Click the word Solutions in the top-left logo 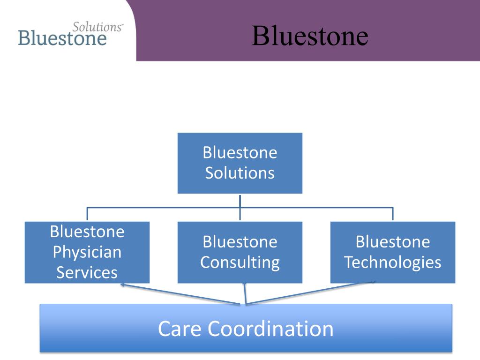pos(97,27)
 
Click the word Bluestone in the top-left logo pos(62,38)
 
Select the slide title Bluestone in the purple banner pos(309,36)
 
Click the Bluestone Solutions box pos(240,163)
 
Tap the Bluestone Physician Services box pos(87,252)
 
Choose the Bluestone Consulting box pos(240,252)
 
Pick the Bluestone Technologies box pos(393,252)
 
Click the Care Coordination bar pos(246,328)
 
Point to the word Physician pos(87,253)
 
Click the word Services pos(87,272)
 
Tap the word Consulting pos(240,263)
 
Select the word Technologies pos(393,262)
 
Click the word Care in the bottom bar pos(180,329)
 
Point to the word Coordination pos(271,329)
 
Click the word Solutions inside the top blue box pos(240,173)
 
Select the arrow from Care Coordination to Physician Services pos(180,294)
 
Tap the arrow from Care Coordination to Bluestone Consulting pos(245,293)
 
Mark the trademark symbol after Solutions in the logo pos(122,25)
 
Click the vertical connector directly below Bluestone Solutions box pos(240,208)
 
